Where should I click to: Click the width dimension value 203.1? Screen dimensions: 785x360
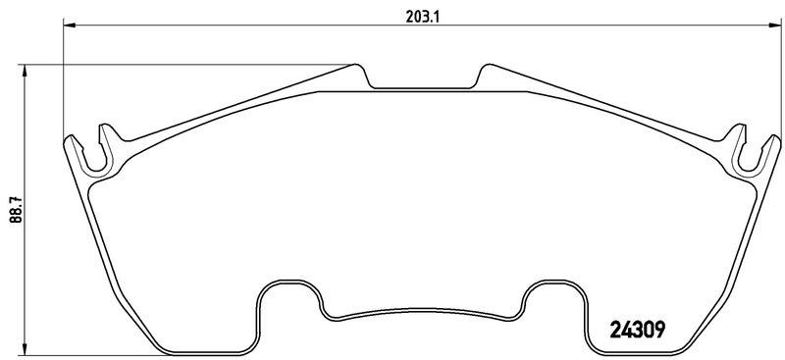422,17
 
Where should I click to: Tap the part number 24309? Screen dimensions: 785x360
637,330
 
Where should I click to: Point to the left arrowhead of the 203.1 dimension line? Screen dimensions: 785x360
69,26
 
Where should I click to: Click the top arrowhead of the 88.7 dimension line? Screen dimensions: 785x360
24,71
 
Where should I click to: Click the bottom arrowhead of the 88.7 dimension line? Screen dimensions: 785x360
24,349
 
